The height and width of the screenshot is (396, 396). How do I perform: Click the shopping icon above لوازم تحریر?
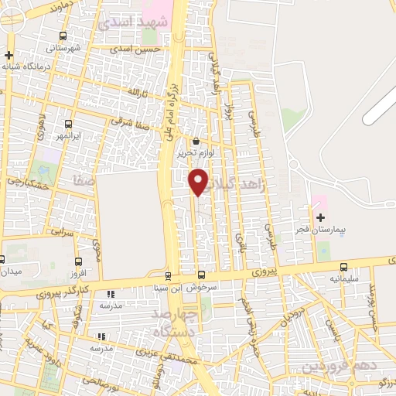coord(196,142)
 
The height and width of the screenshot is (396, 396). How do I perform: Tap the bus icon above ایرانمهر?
coord(70,124)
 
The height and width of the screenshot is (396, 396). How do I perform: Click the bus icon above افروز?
coord(78,262)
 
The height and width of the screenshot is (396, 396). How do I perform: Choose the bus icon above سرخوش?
coord(202,275)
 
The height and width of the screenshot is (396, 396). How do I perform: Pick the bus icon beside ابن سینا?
coord(168,275)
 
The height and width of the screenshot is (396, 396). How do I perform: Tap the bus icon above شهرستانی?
coord(63,36)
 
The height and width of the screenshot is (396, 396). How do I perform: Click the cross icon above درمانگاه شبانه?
coord(9,55)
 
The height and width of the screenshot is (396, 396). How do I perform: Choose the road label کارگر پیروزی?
coord(63,292)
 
